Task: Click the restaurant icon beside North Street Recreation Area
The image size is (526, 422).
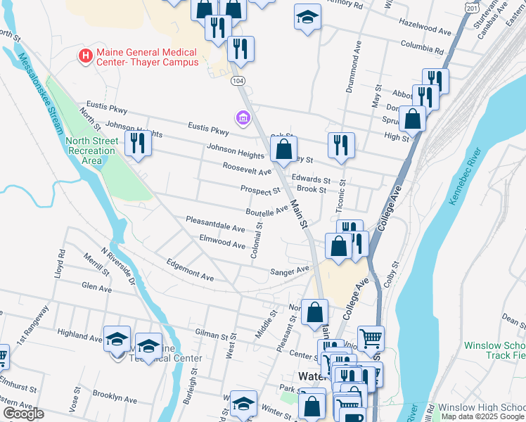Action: point(137,143)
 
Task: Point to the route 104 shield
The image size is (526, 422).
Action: point(239,82)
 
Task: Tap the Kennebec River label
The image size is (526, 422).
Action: point(463,177)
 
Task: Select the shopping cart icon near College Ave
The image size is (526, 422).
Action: point(371,338)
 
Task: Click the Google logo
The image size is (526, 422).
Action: point(23,414)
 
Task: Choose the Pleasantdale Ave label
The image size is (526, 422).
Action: point(215,224)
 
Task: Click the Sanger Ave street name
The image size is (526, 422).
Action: point(290,270)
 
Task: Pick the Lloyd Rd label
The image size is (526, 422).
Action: point(60,263)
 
